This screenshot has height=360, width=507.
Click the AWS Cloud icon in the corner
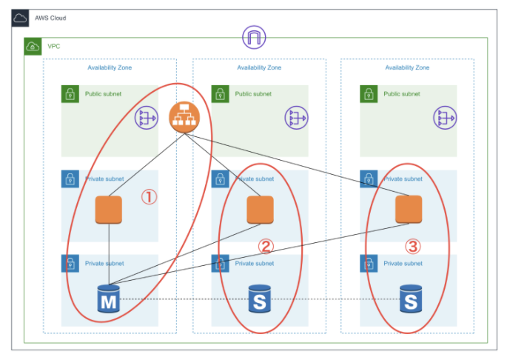[x=20, y=18]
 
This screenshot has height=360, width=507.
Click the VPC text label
[x=54, y=46]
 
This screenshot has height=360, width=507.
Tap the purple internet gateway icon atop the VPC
[x=254, y=37]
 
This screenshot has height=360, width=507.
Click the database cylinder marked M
[x=109, y=300]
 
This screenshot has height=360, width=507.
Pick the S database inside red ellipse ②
[x=259, y=300]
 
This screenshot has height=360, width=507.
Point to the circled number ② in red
[x=266, y=245]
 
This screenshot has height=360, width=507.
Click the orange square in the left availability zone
[x=109, y=210]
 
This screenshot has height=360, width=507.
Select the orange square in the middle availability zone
[x=259, y=210]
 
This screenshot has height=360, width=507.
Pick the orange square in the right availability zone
[x=409, y=209]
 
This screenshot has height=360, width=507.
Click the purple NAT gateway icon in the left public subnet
[x=146, y=117]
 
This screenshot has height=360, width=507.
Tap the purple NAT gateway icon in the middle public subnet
[x=296, y=117]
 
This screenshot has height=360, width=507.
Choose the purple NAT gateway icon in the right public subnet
[x=445, y=117]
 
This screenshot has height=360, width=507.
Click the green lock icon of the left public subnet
[x=70, y=94]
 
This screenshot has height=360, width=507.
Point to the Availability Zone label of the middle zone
[x=259, y=67]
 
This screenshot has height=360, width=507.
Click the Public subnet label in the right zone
[x=402, y=94]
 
